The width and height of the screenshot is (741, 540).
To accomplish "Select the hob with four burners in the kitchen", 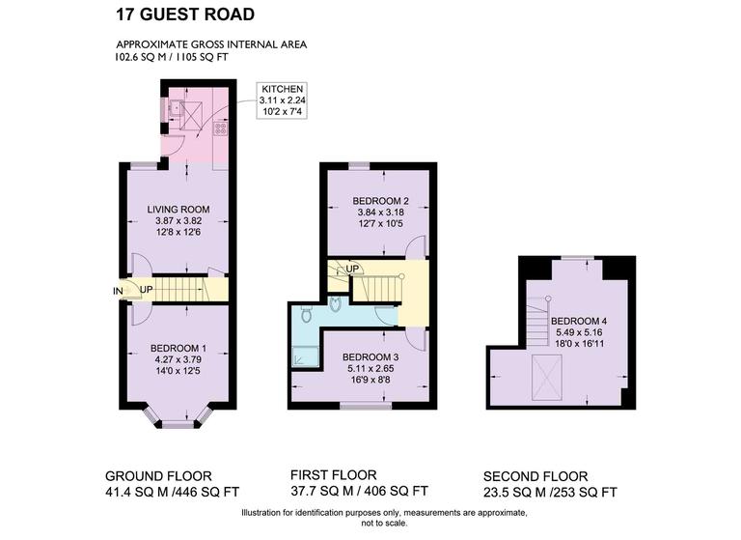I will pos(220,128).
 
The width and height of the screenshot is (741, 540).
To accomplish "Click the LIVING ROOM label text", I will pos(178,209).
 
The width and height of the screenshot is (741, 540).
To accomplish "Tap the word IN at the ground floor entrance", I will pos(118,290).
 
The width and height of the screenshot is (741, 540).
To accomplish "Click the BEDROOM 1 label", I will pos(178,348).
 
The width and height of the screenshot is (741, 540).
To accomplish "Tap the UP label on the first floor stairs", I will pos(353,268).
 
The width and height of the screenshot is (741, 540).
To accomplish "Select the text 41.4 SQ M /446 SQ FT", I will pos(174,493).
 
